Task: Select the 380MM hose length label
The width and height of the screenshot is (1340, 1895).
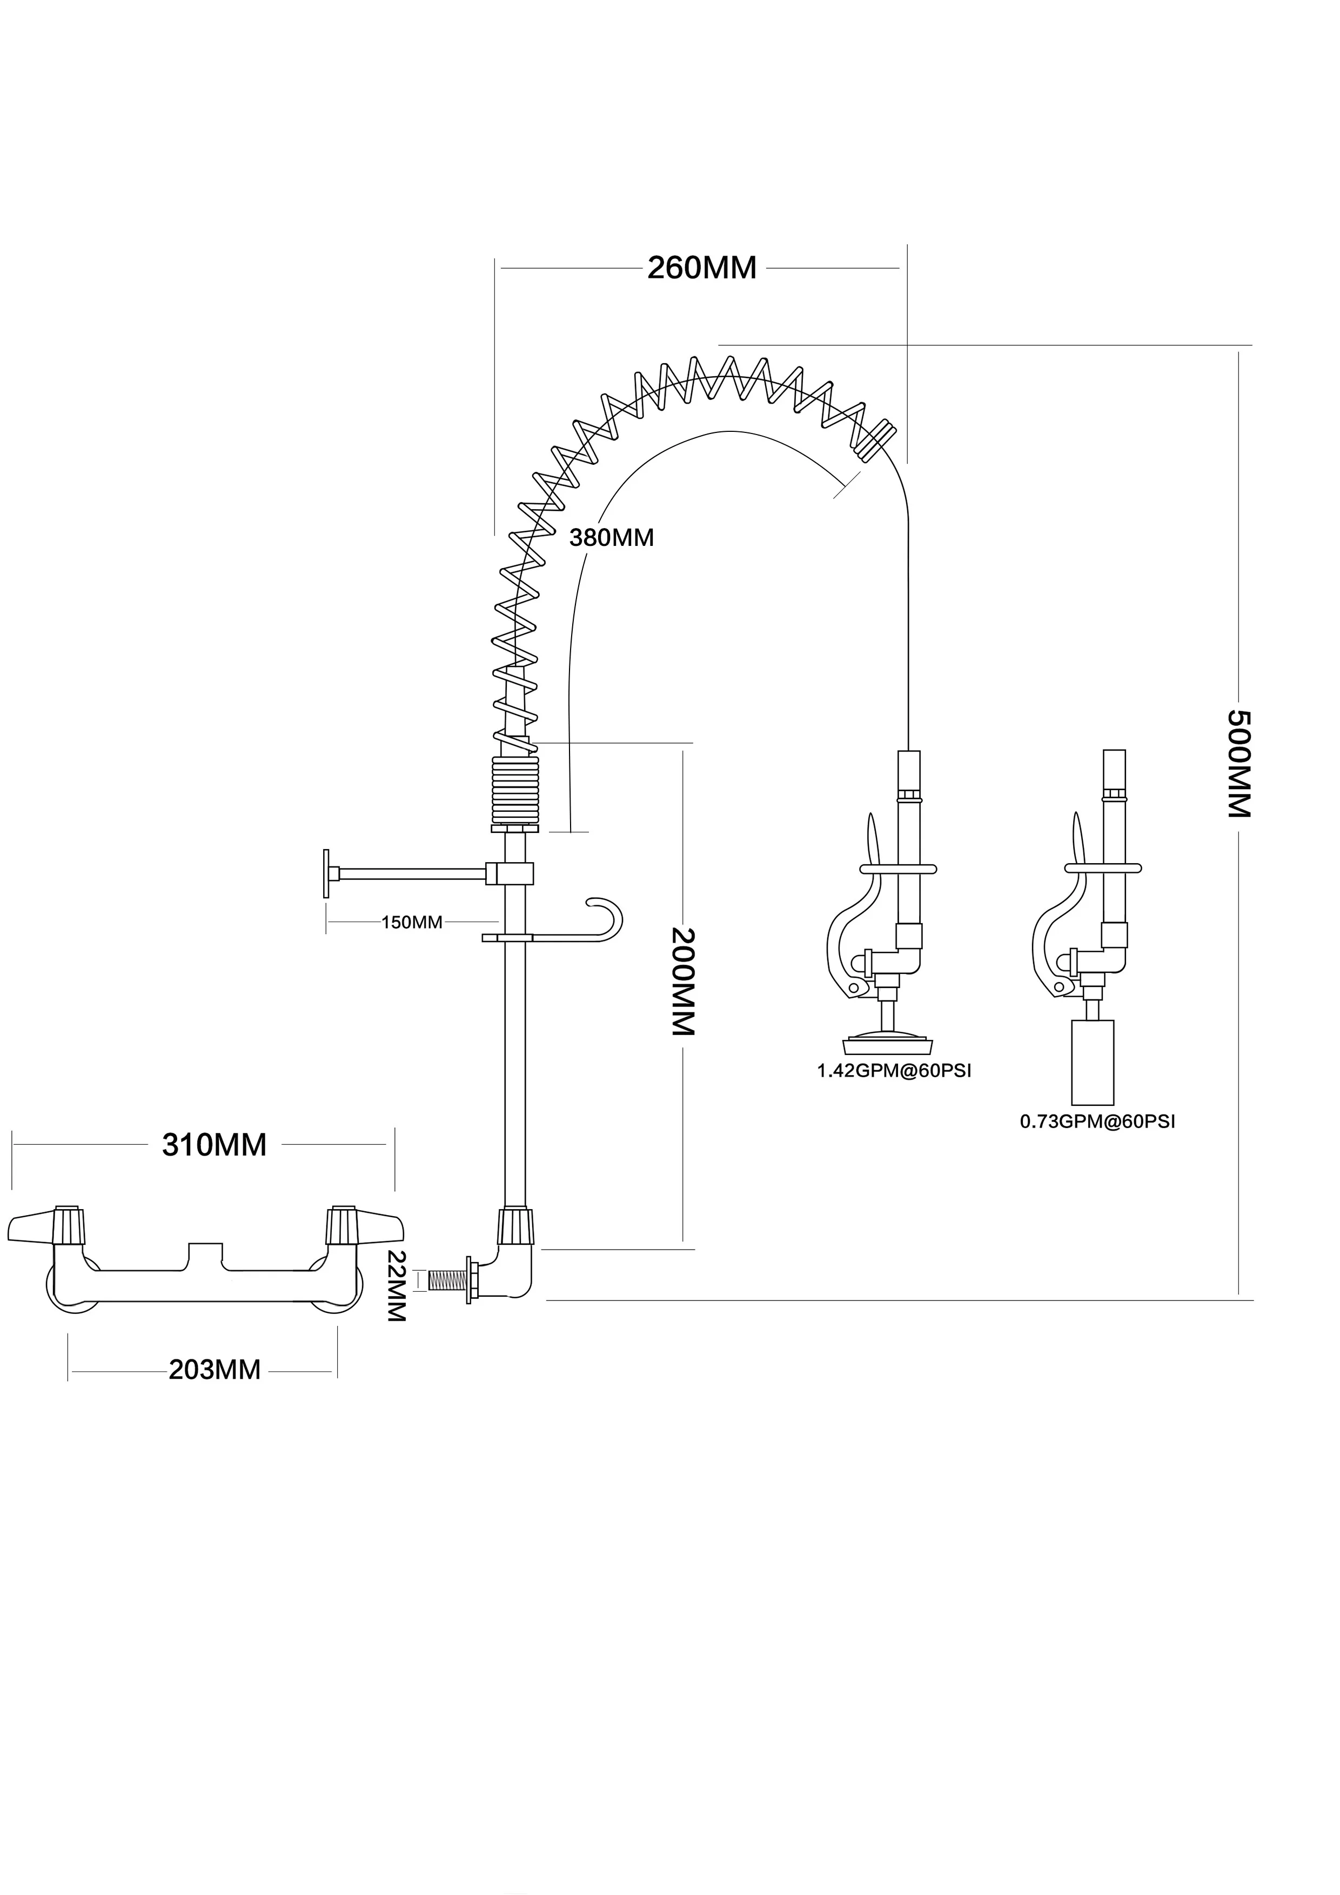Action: (x=612, y=538)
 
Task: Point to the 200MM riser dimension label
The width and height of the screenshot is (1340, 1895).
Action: (x=683, y=982)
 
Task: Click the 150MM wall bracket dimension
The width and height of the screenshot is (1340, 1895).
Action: (x=412, y=922)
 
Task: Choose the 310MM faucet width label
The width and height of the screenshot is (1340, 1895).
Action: (x=215, y=1145)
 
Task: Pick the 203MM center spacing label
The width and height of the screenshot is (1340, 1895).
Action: (x=215, y=1370)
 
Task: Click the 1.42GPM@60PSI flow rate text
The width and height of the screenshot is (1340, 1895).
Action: (x=894, y=1071)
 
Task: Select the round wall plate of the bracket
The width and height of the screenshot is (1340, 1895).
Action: (x=327, y=873)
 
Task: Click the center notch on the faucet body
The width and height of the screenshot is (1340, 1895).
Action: (x=205, y=1250)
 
